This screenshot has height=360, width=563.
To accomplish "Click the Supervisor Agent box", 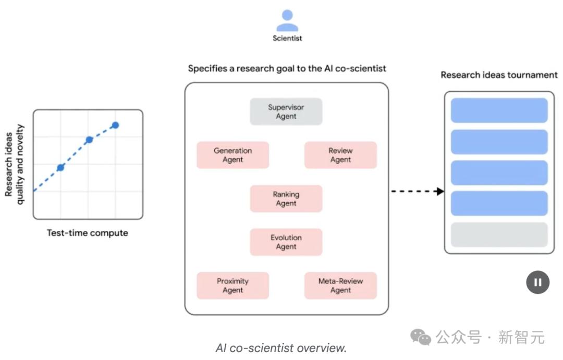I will [x=286, y=111].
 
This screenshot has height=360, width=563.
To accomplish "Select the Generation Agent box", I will [x=232, y=155].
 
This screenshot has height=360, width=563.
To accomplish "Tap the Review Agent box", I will [x=340, y=155].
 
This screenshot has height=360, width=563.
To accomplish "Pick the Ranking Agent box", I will [x=286, y=198].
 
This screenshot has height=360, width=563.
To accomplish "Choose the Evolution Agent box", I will [x=286, y=242].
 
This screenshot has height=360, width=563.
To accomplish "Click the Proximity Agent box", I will [x=232, y=285].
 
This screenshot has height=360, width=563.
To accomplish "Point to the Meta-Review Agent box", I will [x=340, y=285].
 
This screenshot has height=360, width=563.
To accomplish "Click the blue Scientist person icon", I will [x=287, y=21].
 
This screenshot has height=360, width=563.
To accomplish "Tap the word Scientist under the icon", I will [x=287, y=38].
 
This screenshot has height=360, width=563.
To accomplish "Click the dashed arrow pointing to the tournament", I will [x=417, y=191].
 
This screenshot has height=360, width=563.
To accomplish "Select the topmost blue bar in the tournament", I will [x=499, y=110].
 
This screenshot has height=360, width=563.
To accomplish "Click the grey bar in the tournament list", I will [x=499, y=235].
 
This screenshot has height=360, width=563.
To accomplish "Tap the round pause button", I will [x=537, y=282].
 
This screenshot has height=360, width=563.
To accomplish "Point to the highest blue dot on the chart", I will [x=115, y=125].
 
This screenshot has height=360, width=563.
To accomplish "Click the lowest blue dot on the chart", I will [x=60, y=167].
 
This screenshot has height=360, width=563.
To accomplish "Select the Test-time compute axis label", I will [x=87, y=233].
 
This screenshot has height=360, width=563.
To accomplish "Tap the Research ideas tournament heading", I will [x=499, y=75].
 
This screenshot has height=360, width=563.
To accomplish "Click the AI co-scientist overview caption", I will [x=281, y=347].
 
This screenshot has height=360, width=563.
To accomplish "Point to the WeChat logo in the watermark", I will [x=421, y=337].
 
